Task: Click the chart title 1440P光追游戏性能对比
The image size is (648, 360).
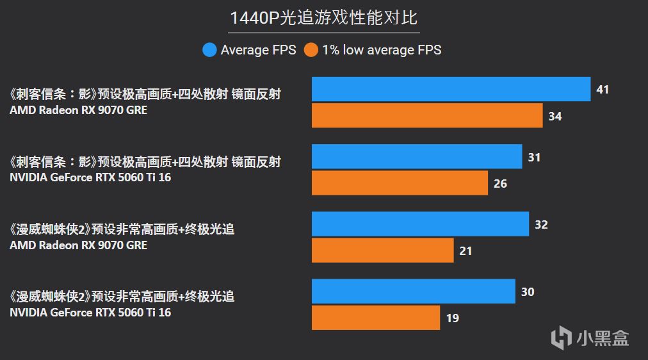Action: pyautogui.click(x=323, y=17)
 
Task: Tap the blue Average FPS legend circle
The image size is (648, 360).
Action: pyautogui.click(x=209, y=49)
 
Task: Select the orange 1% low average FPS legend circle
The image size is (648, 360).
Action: pyautogui.click(x=311, y=49)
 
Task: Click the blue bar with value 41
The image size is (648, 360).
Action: pyautogui.click(x=451, y=89)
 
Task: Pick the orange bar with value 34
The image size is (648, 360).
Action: pyautogui.click(x=427, y=116)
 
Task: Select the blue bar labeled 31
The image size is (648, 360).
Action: pyautogui.click(x=417, y=157)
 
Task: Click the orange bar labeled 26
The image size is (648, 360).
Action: pyautogui.click(x=400, y=183)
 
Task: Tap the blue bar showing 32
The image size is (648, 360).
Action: pyautogui.click(x=420, y=224)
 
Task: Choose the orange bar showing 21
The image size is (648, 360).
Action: pyautogui.click(x=382, y=250)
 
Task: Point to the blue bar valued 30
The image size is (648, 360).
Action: pyautogui.click(x=413, y=291)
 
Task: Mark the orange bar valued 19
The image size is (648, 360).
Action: pyautogui.click(x=376, y=318)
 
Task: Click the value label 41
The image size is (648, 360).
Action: pyautogui.click(x=603, y=90)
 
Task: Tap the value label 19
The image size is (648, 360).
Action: pyautogui.click(x=452, y=318)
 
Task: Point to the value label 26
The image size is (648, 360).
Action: pyautogui.click(x=500, y=184)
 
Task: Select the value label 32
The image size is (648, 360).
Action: pyautogui.click(x=541, y=225)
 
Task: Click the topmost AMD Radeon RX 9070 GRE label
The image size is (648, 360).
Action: pyautogui.click(x=78, y=110)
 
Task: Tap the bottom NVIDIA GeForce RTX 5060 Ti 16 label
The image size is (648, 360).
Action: pyautogui.click(x=90, y=313)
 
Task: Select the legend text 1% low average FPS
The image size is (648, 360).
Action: pyautogui.click(x=382, y=49)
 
